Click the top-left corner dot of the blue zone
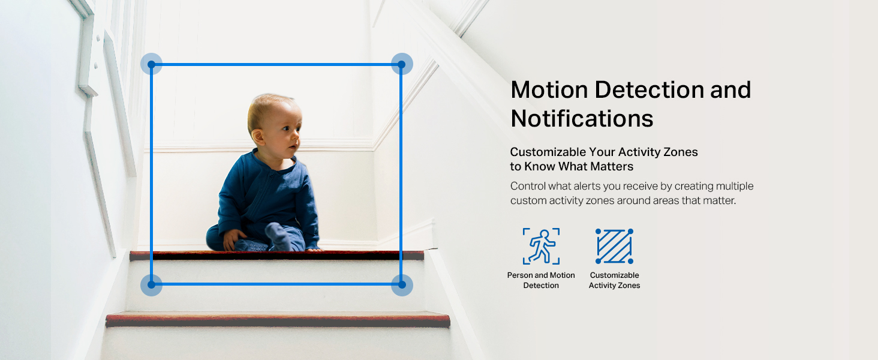pos(151,64)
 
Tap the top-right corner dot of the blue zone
pos(401,64)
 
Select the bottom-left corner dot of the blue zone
pos(151,284)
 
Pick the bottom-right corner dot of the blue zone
pos(401,284)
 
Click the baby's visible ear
pos(258,137)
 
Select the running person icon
pos(541,246)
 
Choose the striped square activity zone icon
pos(614,246)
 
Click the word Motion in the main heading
pos(549,90)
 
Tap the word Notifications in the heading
pos(582,118)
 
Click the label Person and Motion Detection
pos(541,280)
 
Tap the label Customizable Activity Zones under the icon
pos(614,280)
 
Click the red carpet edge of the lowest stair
pos(278,320)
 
